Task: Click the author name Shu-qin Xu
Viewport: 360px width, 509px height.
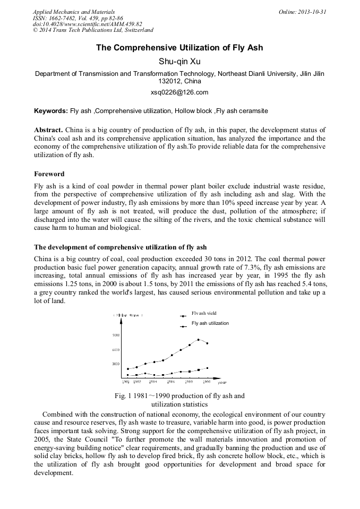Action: [179, 61]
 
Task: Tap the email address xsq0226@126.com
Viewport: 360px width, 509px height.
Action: [179, 92]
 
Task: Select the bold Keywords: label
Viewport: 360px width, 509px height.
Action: [51, 111]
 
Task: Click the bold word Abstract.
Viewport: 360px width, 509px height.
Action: [48, 130]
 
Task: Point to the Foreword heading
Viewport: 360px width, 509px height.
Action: [49, 174]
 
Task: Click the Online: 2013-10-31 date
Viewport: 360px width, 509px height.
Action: [302, 11]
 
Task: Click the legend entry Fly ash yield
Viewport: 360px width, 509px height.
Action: [204, 314]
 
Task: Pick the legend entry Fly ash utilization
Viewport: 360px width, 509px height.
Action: [210, 323]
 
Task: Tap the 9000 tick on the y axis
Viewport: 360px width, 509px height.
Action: [116, 335]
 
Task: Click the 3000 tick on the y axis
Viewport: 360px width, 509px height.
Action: [116, 364]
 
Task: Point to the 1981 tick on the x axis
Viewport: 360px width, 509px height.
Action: [126, 382]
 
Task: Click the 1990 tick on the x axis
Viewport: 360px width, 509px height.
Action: [207, 382]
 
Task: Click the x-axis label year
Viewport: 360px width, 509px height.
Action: [222, 382]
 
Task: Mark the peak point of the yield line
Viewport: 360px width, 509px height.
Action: [198, 340]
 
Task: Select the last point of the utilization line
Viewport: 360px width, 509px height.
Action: [207, 368]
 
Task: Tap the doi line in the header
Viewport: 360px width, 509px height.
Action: [88, 24]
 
